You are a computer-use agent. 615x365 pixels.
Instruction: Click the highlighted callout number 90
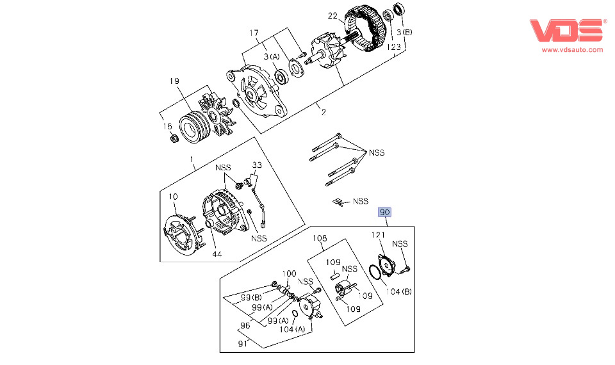385,212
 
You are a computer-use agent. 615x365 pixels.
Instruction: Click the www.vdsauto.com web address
572,49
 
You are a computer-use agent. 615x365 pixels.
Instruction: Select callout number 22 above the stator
332,15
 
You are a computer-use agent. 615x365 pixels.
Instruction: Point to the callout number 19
174,81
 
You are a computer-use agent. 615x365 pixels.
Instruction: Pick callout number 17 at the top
254,33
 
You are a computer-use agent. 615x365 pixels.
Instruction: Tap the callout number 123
393,47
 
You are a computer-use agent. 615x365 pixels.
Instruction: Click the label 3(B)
404,33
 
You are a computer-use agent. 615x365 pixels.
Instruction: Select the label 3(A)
272,56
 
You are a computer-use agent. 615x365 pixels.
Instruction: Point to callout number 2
324,112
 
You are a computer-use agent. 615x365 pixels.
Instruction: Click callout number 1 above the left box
191,159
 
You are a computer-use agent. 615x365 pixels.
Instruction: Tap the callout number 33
256,165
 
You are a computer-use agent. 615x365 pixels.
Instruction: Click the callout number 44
217,254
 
